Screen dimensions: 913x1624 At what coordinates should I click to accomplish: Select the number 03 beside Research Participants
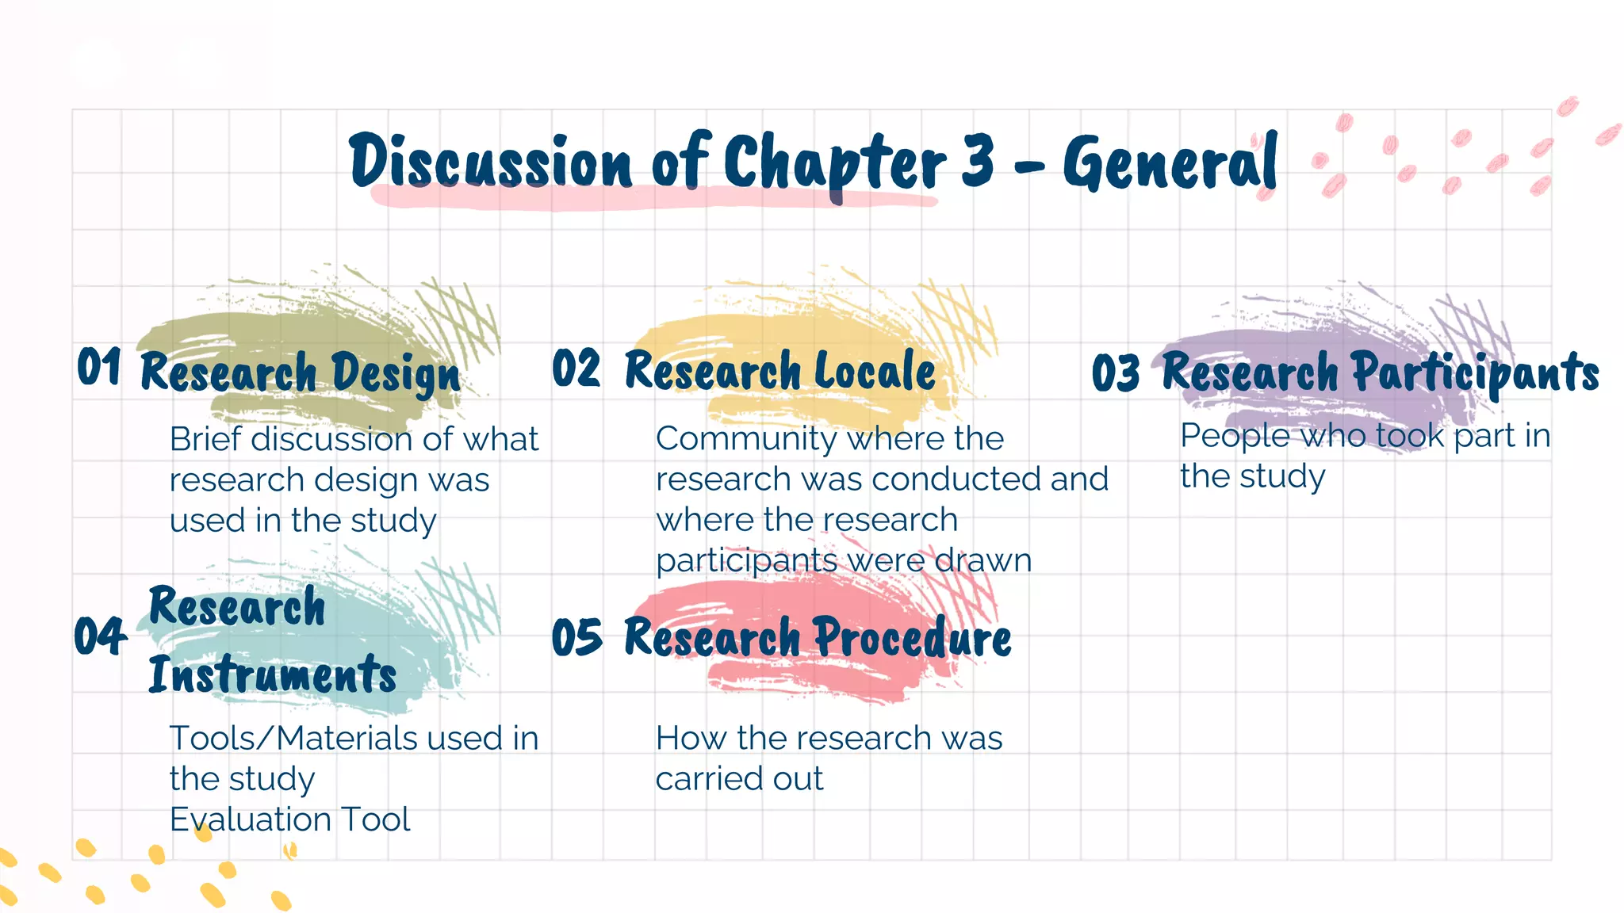pos(1116,372)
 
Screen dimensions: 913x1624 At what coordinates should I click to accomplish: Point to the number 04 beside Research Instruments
pos(100,636)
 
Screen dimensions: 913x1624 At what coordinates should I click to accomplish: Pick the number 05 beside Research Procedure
pos(576,637)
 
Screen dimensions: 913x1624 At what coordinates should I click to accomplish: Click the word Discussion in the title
pos(490,162)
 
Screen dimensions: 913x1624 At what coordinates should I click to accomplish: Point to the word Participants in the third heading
pos(1475,372)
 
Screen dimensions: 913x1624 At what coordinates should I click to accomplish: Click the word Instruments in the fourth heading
pos(273,675)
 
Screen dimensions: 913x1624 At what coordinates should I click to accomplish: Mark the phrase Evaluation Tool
pos(290,819)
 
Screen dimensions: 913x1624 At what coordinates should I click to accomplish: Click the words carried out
pos(739,779)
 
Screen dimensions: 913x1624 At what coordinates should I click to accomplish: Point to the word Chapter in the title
pos(835,163)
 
